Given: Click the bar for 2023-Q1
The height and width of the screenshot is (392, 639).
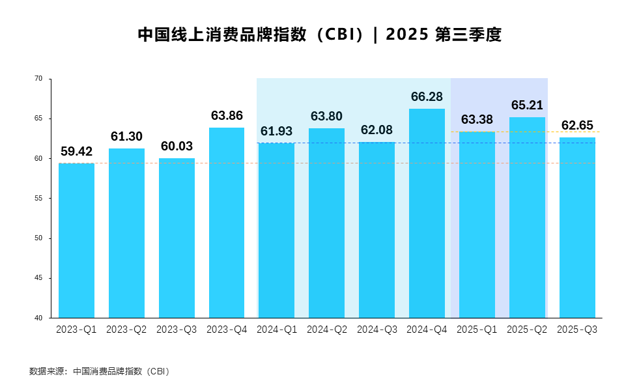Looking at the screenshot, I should pyautogui.click(x=76, y=240).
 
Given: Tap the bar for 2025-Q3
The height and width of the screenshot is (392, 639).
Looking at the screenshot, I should pyautogui.click(x=577, y=227).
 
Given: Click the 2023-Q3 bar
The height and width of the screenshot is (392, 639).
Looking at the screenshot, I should pyautogui.click(x=177, y=238).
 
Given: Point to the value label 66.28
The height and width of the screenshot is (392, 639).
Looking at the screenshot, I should pyautogui.click(x=427, y=97).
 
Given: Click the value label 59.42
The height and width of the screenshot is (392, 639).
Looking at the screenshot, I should pyautogui.click(x=76, y=152).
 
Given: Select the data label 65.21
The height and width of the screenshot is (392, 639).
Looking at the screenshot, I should pyautogui.click(x=527, y=105).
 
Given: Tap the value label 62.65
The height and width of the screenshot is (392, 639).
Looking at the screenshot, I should pyautogui.click(x=577, y=126).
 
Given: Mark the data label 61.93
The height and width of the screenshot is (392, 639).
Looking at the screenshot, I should pyautogui.click(x=276, y=132).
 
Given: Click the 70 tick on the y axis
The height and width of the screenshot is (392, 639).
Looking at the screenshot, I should pyautogui.click(x=38, y=79).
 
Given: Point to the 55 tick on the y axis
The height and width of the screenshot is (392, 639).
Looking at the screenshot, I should pyautogui.click(x=38, y=199).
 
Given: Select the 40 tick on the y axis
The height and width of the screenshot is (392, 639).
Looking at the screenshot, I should pyautogui.click(x=38, y=318).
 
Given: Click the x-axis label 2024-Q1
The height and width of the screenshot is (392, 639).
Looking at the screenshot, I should pyautogui.click(x=276, y=330).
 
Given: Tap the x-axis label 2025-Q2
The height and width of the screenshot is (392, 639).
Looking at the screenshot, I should pyautogui.click(x=527, y=330).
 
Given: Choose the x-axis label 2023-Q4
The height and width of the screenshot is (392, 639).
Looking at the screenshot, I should pyautogui.click(x=227, y=330).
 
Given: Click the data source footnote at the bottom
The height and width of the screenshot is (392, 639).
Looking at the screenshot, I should pyautogui.click(x=100, y=372).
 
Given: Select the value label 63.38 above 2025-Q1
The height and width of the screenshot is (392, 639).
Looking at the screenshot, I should pyautogui.click(x=477, y=120).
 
